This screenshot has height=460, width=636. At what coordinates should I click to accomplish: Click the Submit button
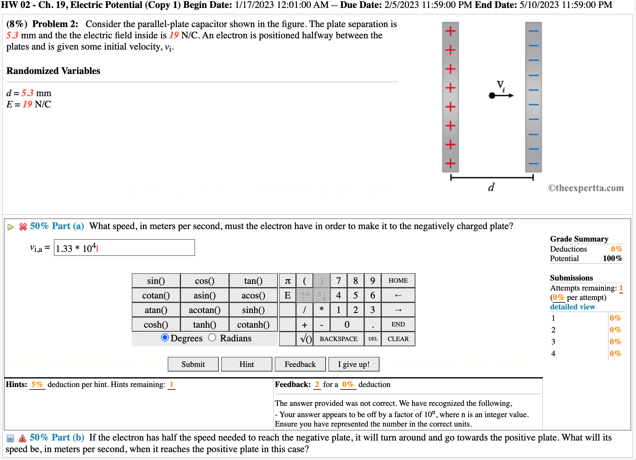coord(193,364)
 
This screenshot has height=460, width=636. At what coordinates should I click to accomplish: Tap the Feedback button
coord(300,364)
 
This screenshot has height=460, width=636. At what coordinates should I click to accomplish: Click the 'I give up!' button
coord(354,364)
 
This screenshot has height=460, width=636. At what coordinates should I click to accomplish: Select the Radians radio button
coord(212,338)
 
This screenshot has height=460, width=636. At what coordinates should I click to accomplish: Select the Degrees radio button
coord(165,338)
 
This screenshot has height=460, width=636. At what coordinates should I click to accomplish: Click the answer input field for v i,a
coord(124,248)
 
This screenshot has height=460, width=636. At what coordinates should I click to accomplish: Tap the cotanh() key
coord(253,325)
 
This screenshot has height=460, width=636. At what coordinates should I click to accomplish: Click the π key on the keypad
coord(288,281)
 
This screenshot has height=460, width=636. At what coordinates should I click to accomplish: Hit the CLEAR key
coord(398,339)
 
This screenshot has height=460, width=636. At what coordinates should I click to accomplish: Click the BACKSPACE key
coord(338,339)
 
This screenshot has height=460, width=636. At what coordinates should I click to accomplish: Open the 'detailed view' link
coord(572,307)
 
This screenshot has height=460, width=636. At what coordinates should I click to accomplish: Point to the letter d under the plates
coord(491,187)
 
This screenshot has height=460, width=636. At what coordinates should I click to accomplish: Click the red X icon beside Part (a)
coord(23,227)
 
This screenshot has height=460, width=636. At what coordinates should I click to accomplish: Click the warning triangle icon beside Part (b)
coord(22,438)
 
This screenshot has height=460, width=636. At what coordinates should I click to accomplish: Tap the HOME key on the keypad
coord(398,281)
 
